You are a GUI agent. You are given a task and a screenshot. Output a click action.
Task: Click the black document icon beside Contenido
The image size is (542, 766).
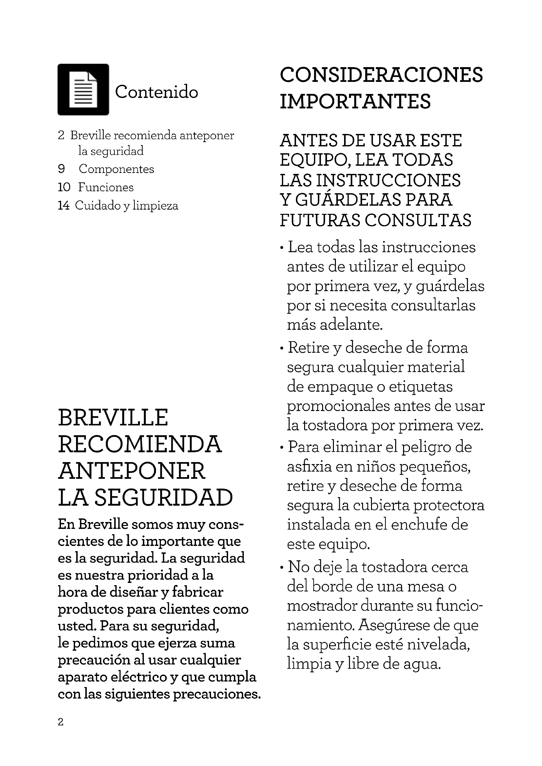point(83,89)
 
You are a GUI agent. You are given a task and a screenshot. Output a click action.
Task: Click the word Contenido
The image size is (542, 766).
point(157,92)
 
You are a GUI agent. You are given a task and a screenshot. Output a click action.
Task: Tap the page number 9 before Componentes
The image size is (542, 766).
point(61,169)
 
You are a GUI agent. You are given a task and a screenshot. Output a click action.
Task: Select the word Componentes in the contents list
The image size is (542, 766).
point(116,169)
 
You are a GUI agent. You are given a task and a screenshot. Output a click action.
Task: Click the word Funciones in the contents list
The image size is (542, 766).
point(106,187)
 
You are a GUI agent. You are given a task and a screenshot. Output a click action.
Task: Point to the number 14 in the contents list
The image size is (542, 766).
point(64,205)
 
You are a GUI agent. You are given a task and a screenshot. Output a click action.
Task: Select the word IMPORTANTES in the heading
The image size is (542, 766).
point(355,102)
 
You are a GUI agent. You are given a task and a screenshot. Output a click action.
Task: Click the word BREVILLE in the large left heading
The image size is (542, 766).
point(113,417)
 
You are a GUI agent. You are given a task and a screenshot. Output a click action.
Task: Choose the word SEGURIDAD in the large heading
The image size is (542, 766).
point(164,497)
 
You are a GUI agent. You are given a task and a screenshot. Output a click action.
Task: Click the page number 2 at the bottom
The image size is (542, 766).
point(60,722)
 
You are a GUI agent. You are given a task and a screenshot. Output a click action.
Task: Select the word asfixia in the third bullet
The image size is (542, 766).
point(309,466)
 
